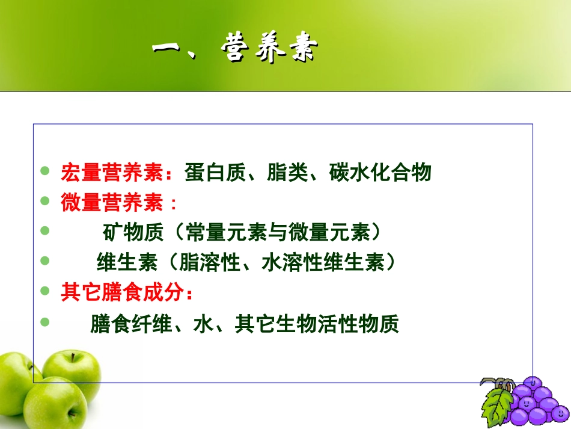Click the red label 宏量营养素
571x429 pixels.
[112, 173]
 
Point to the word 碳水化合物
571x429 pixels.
[380, 173]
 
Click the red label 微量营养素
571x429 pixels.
[112, 203]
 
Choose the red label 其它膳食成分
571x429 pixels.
[120, 292]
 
